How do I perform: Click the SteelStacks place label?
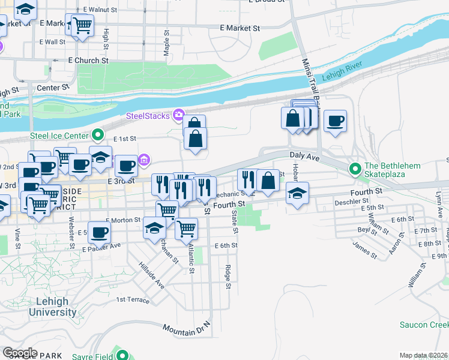(148, 115)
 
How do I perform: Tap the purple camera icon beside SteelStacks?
(178, 115)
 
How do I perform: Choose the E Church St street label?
(88, 61)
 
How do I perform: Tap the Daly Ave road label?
(304, 155)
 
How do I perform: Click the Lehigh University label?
(53, 307)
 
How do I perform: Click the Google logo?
(20, 352)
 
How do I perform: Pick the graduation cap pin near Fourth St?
(297, 193)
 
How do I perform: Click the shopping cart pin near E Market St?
(82, 25)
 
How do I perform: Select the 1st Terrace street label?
(132, 299)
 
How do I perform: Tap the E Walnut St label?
(100, 10)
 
